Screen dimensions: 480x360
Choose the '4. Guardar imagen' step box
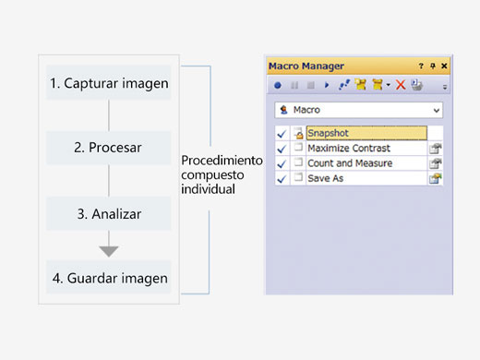(109, 277)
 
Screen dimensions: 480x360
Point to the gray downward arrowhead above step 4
(109, 251)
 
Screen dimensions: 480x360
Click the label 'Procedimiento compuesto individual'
(222, 173)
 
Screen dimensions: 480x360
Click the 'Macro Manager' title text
(306, 66)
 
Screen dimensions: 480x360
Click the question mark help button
(421, 66)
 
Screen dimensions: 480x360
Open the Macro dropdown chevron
(436, 110)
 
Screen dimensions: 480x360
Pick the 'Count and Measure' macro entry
(350, 163)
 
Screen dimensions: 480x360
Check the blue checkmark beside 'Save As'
(281, 178)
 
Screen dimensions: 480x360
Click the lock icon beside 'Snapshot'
(298, 133)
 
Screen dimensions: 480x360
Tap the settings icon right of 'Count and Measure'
(435, 163)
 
